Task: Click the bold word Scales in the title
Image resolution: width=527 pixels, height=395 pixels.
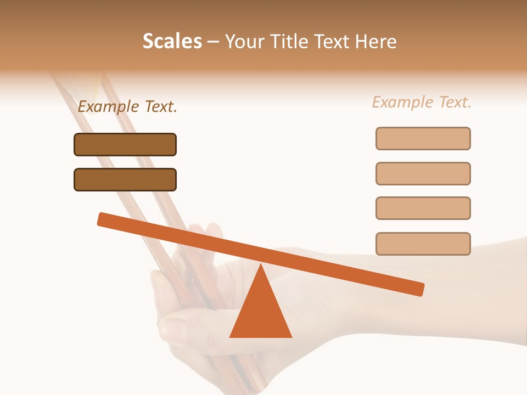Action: (x=172, y=41)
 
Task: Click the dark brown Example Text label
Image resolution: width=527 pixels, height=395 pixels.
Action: (x=127, y=106)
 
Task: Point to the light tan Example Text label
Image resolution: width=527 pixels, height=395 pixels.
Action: (x=422, y=102)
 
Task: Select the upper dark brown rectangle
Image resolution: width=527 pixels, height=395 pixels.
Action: (x=125, y=144)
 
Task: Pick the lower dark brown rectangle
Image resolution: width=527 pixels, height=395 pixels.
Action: (x=125, y=179)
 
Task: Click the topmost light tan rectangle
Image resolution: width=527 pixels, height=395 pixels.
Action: (x=423, y=138)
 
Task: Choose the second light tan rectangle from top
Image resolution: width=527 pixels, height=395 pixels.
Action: (x=423, y=173)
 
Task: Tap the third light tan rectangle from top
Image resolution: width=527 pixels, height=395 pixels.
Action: (x=423, y=208)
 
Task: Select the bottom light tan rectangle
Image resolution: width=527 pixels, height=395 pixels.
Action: (x=423, y=244)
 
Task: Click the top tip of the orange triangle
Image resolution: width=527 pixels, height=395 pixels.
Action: (x=261, y=266)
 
